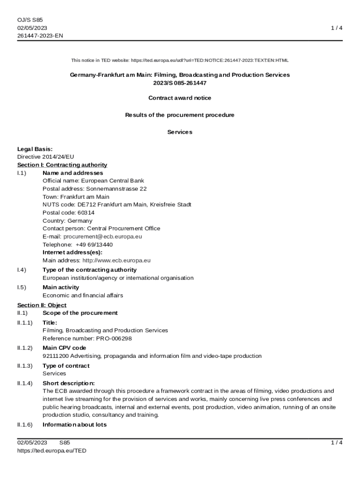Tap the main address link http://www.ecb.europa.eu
(x=116, y=261)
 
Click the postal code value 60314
(x=86, y=213)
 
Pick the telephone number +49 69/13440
(x=94, y=245)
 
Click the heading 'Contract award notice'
(x=180, y=98)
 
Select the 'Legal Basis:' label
(x=35, y=149)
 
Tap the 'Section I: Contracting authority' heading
(x=62, y=165)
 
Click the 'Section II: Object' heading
(x=42, y=305)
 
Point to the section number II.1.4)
(x=25, y=384)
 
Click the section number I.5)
(x=22, y=288)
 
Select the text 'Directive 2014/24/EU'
(x=45, y=157)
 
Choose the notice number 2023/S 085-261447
(x=180, y=83)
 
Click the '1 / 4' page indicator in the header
(x=337, y=28)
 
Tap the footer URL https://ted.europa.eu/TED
(x=51, y=451)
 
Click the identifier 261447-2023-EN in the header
(x=40, y=36)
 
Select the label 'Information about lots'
(x=74, y=425)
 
